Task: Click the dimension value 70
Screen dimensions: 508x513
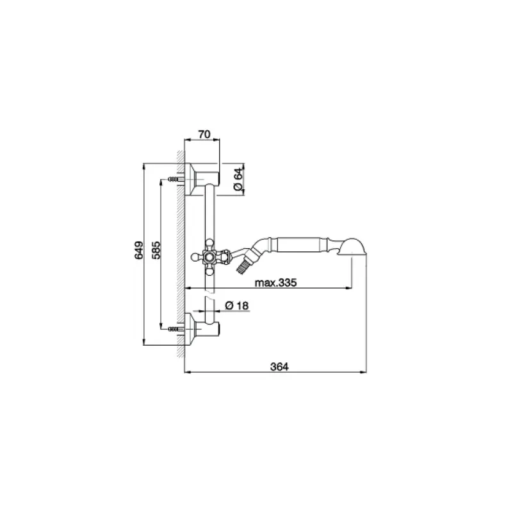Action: click(x=204, y=134)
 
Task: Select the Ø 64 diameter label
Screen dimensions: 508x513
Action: click(x=239, y=180)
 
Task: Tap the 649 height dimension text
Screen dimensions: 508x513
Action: click(x=139, y=250)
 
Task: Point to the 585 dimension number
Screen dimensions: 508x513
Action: click(x=156, y=250)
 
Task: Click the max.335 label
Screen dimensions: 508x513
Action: click(x=275, y=282)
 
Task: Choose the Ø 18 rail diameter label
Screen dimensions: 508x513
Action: click(x=237, y=306)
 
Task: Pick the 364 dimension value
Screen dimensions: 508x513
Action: click(x=279, y=367)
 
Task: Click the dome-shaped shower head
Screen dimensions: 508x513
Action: click(x=352, y=246)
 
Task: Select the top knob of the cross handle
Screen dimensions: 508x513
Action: click(x=209, y=244)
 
